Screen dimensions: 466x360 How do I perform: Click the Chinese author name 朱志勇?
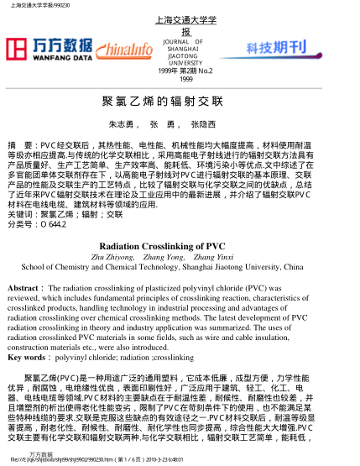[x=123, y=124]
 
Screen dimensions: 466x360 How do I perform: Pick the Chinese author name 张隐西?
[x=203, y=124]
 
